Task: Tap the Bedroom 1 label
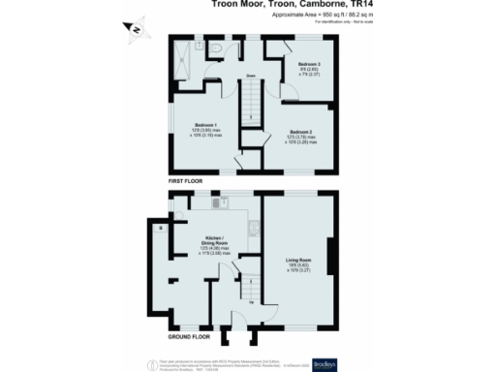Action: point(204,126)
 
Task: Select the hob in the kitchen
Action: point(254,229)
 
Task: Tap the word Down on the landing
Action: point(249,76)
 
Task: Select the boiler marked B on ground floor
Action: point(160,228)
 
